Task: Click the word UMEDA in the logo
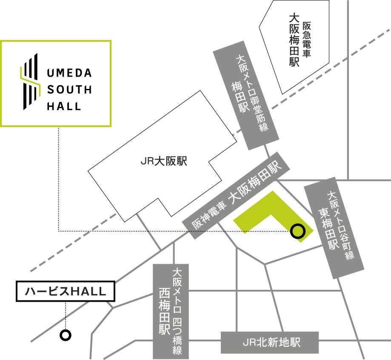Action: (x=69, y=73)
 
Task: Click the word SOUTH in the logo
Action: (x=69, y=90)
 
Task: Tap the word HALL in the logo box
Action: (x=63, y=106)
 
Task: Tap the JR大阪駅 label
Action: (x=164, y=162)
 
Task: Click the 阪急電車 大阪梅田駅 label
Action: (x=300, y=40)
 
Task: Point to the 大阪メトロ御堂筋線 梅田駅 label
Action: (x=248, y=96)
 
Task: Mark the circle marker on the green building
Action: (x=297, y=231)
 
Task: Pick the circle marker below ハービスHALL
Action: (x=65, y=335)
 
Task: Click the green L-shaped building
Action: (x=264, y=213)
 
